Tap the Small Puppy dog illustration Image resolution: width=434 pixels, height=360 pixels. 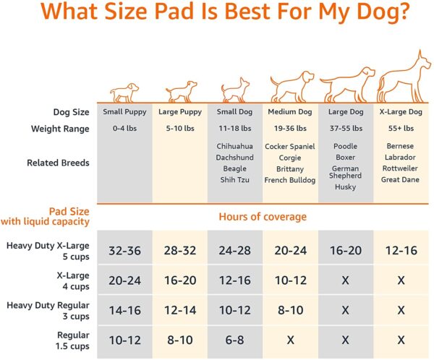coord(123,92)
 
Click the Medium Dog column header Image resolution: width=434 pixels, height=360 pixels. coord(289,112)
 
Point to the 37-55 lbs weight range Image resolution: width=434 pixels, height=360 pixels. coord(345,129)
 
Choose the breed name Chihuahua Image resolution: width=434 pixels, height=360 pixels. coord(234,146)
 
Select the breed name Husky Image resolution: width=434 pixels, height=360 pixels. coord(345,187)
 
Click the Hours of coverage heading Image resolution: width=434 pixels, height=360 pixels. coord(262,217)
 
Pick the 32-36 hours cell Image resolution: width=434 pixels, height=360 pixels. coord(124,251)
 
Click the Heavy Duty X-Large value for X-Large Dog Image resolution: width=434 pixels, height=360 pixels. coord(400,251)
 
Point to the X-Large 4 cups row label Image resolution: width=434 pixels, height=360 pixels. coord(70,280)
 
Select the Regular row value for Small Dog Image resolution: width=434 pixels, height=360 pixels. coord(234,340)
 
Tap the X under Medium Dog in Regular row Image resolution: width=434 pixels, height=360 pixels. coord(290,340)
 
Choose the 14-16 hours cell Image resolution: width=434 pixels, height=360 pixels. coord(124,310)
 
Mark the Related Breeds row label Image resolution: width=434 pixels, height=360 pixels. coord(58,163)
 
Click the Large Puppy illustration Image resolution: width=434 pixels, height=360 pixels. coord(179,91)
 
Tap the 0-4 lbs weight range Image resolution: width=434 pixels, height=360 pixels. coord(124,129)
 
